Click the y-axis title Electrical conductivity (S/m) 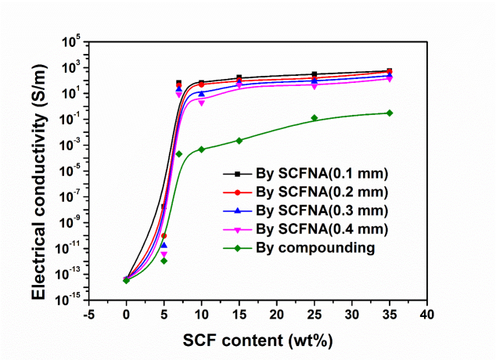click(x=38, y=170)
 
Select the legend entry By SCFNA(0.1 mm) click(x=321, y=173)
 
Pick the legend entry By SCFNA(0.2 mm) click(x=321, y=192)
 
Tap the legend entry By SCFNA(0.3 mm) click(x=321, y=211)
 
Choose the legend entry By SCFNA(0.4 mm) click(x=321, y=229)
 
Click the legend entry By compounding click(x=315, y=247)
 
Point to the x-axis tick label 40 click(x=426, y=315)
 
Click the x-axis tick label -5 click(x=88, y=315)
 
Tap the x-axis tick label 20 click(x=276, y=315)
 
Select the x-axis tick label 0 click(x=126, y=315)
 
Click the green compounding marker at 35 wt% click(x=390, y=113)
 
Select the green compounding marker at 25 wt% click(x=314, y=118)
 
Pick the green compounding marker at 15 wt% click(x=239, y=140)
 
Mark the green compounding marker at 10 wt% click(x=202, y=149)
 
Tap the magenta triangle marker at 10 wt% click(x=202, y=103)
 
